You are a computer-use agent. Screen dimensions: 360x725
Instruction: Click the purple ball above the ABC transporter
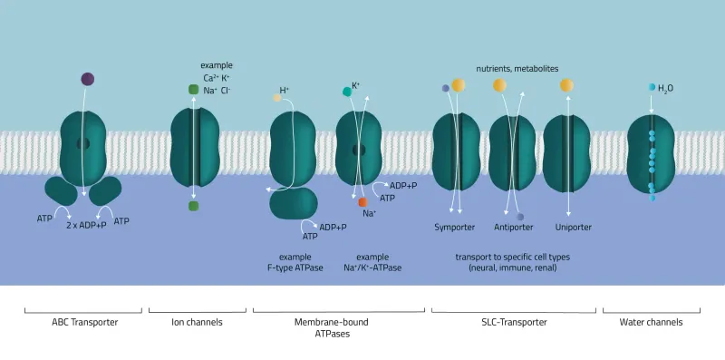point(87,80)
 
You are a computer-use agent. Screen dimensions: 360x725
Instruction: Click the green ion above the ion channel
point(193,89)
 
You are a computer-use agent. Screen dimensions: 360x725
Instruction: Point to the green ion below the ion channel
point(193,206)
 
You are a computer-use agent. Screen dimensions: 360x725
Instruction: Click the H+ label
point(285,90)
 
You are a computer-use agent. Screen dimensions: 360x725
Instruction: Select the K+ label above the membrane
point(355,85)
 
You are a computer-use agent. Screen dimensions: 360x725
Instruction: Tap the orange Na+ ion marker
point(362,201)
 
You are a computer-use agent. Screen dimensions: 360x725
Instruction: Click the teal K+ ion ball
point(345,92)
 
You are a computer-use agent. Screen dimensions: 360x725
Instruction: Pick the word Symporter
point(455,228)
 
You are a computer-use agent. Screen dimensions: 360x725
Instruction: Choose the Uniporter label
point(567,228)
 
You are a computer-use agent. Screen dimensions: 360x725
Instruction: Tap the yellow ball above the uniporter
point(566,85)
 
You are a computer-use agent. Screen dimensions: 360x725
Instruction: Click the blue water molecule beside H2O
point(652,87)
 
